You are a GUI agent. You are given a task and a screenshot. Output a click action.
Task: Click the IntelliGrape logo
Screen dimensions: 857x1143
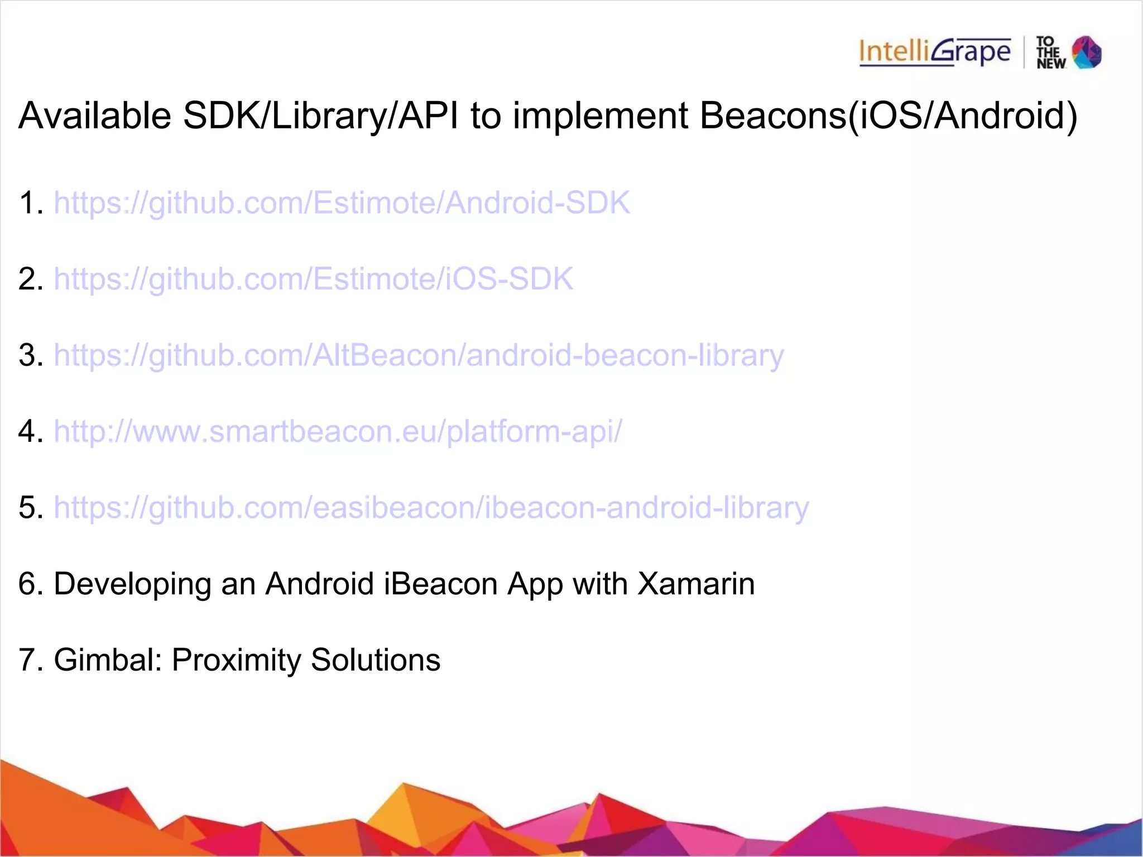(x=935, y=52)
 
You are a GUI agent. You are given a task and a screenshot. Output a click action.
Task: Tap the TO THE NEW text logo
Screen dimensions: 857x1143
(x=1050, y=53)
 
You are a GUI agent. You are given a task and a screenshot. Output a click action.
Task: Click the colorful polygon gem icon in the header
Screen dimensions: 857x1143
(x=1087, y=52)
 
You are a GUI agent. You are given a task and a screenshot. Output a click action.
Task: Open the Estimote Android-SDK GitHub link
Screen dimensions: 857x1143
(x=342, y=203)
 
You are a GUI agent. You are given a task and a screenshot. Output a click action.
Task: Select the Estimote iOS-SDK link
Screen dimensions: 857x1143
(x=313, y=279)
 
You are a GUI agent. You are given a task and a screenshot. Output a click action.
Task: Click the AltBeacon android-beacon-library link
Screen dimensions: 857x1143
(x=419, y=355)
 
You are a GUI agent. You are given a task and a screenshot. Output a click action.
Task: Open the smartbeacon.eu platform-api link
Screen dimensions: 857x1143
(x=338, y=431)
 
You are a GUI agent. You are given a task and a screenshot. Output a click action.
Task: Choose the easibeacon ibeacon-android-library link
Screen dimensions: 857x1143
(x=431, y=508)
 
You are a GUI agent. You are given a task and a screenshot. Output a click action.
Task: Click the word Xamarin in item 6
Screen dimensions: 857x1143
(x=695, y=584)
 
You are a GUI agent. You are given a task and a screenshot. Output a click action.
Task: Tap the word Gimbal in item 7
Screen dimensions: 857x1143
(x=107, y=660)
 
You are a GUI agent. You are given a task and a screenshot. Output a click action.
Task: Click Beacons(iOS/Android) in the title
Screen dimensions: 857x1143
(x=888, y=115)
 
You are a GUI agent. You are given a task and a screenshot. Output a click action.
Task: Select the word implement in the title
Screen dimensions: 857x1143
(x=601, y=115)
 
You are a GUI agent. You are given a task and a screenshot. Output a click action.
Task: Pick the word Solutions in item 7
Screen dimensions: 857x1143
(x=375, y=660)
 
